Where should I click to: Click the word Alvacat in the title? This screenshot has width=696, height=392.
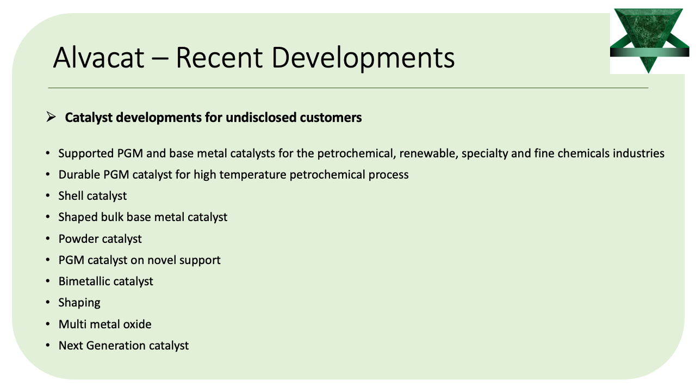pos(99,57)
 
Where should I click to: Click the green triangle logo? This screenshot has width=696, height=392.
pos(649,40)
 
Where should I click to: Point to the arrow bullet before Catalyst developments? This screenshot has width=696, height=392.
pos(51,117)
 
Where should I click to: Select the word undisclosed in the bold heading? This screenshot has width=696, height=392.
pos(261,118)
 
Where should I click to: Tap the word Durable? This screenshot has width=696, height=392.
pos(79,175)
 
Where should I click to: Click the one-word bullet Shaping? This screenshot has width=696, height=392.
pos(79,303)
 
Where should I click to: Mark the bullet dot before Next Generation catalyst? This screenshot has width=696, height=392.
pos(47,345)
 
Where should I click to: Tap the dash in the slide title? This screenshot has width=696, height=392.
pos(160,58)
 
